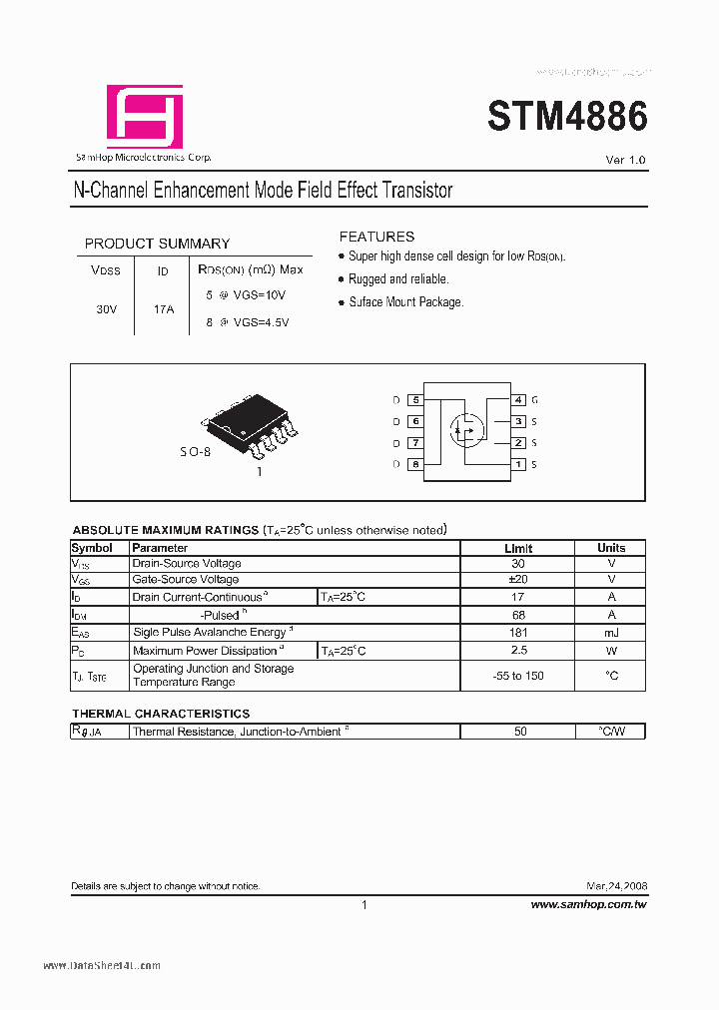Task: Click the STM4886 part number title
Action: [x=567, y=118]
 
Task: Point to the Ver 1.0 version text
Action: [x=626, y=161]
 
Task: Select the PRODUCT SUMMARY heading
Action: [x=157, y=244]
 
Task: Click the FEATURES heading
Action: [x=376, y=237]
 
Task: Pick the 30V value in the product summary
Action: [x=107, y=309]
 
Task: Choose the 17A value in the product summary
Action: [x=164, y=309]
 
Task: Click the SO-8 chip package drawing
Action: [x=249, y=421]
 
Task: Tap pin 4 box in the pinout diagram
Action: [x=518, y=400]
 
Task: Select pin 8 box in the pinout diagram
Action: [x=415, y=464]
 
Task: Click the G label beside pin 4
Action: [x=535, y=400]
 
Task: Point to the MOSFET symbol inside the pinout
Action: [x=464, y=429]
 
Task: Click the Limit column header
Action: [x=518, y=548]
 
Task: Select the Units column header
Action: [x=611, y=548]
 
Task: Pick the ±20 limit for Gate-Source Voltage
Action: [x=518, y=579]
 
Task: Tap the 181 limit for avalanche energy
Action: [x=518, y=633]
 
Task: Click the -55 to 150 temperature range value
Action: [x=518, y=676]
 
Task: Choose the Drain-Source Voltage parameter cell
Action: [x=187, y=564]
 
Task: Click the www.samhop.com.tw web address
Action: [x=588, y=904]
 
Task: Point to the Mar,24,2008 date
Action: [x=616, y=886]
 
